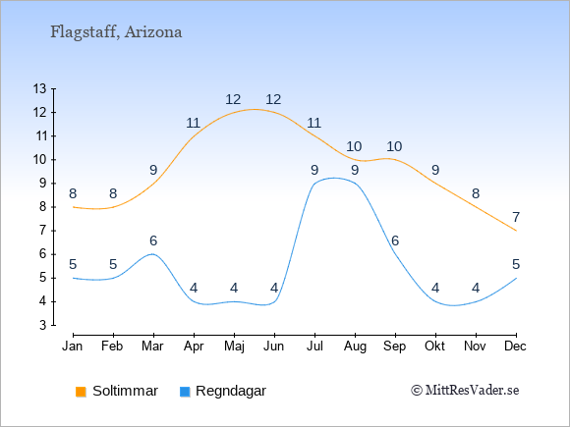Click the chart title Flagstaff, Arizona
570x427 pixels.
pos(116,32)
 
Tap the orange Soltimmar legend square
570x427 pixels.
pos(81,392)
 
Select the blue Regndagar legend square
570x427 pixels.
pos(185,392)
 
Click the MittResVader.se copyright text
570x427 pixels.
pos(465,391)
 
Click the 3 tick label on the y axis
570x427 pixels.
pos(43,325)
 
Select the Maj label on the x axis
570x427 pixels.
pos(234,347)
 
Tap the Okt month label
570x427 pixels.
pos(434,347)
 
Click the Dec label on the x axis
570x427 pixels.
pos(515,347)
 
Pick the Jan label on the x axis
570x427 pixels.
pos(73,347)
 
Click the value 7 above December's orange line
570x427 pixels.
pos(516,217)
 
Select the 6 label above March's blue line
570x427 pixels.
pos(153,240)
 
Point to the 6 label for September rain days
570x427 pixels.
pos(395,240)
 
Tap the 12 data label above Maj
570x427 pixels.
pos(233,99)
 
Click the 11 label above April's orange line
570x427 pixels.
pos(193,123)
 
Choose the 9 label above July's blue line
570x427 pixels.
pos(314,170)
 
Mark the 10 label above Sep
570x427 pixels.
pos(394,146)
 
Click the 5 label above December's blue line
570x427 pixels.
pos(516,264)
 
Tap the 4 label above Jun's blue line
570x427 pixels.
pos(274,289)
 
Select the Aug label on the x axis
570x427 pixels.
pos(355,347)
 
